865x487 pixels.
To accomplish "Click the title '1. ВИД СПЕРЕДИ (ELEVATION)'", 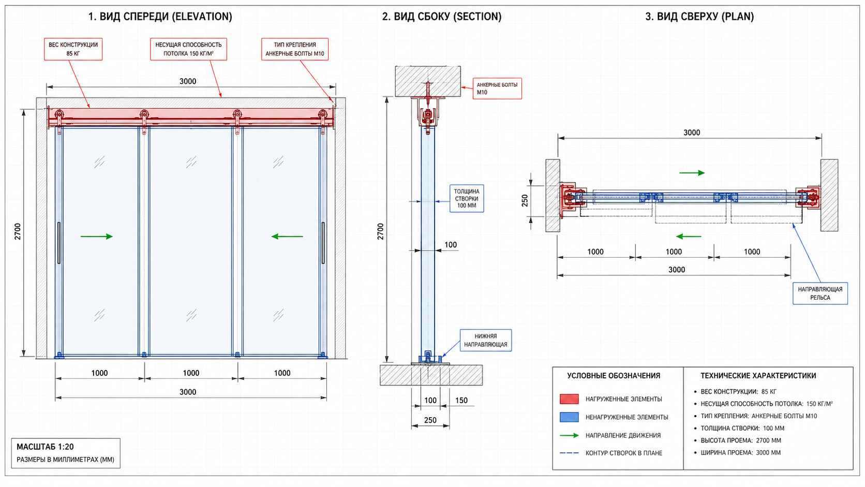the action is coord(160,17).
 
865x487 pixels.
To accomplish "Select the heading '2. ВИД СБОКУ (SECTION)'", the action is coord(442,17).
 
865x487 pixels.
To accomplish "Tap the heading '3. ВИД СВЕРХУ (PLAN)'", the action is coord(699,17).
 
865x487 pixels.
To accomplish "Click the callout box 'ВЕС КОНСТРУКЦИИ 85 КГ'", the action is coord(73,49).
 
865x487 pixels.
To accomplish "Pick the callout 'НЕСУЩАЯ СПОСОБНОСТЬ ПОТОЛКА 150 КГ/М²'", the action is coord(188,49).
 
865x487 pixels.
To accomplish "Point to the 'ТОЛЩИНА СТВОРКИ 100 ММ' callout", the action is coord(467,199).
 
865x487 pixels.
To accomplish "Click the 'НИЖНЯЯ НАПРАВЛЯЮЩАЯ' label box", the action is coord(485,340).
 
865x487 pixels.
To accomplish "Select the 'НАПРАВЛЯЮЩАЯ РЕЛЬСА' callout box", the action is coord(820,293).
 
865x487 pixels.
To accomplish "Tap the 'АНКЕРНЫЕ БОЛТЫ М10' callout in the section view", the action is coord(497,88).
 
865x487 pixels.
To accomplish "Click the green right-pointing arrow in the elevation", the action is coord(97,237).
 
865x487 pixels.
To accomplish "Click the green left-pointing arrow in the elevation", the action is coord(287,237).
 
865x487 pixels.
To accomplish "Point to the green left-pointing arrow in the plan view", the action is coord(689,237).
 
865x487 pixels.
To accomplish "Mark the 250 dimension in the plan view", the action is coord(525,200).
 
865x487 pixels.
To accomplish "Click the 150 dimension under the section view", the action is coord(461,401).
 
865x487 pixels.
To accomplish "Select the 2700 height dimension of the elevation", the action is coord(18,232).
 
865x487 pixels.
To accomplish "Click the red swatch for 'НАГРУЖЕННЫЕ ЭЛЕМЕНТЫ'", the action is coord(569,399).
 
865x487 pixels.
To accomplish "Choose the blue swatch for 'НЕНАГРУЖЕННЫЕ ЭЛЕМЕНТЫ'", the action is coord(569,417).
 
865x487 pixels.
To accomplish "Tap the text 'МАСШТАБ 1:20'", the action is coord(45,447).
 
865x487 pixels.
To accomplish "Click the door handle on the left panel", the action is coord(58,243).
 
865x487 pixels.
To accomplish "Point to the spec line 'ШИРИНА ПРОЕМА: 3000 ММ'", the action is coord(740,453).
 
